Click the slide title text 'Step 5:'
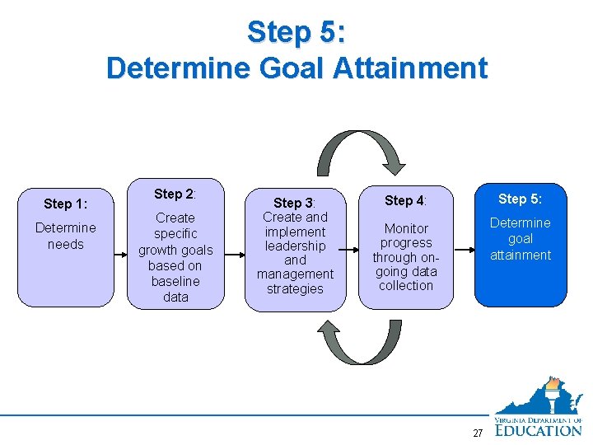(296, 32)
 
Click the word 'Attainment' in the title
(412, 68)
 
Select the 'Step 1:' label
(66, 204)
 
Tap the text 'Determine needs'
(66, 236)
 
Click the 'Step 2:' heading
(175, 194)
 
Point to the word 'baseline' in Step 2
(175, 281)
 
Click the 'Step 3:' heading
(295, 203)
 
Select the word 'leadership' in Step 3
(295, 246)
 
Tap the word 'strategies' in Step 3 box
(295, 288)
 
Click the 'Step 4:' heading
(405, 200)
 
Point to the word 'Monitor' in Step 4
(406, 228)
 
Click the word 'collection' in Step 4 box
(406, 285)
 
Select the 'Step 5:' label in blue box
(520, 199)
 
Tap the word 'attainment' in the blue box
(520, 255)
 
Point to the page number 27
(478, 433)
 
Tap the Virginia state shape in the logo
(536, 399)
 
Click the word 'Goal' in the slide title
(298, 68)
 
